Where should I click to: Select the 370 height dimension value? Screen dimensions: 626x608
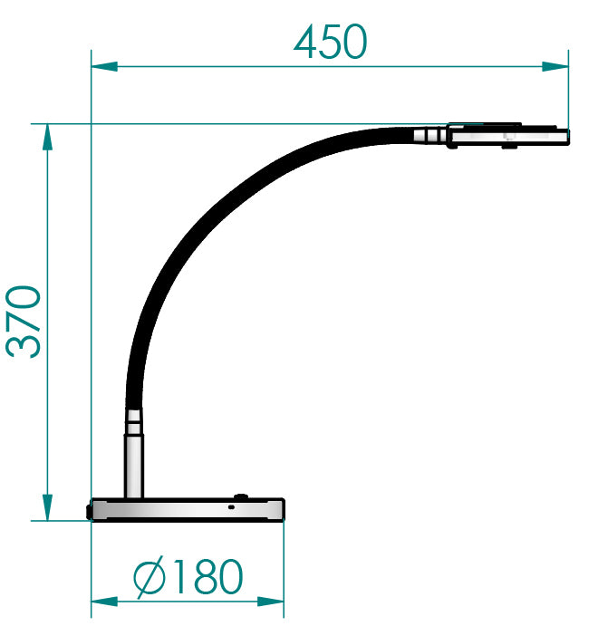[25, 321]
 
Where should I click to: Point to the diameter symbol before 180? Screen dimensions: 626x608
[148, 577]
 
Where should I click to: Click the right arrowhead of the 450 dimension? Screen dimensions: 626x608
[556, 65]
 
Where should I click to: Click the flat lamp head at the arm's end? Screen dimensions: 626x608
[507, 136]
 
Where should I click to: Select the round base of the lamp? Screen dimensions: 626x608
[188, 510]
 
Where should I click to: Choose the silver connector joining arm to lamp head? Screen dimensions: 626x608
[430, 136]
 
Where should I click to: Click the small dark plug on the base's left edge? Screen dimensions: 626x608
[89, 511]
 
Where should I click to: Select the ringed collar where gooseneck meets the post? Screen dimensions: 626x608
[134, 419]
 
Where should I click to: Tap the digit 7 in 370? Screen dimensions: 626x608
[25, 321]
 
